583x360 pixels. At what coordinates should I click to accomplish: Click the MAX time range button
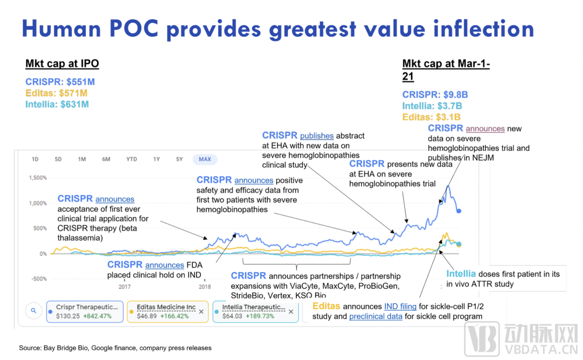point(205,159)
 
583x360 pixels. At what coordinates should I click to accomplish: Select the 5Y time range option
point(179,159)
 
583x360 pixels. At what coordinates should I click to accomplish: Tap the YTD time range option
point(131,159)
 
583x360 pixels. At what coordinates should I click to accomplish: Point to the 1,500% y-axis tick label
point(37,178)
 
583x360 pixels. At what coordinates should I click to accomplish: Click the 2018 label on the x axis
point(205,287)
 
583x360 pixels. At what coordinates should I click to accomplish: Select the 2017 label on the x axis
point(125,287)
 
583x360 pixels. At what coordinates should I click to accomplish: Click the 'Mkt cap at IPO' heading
point(62,64)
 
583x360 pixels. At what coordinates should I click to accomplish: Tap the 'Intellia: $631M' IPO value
point(57,104)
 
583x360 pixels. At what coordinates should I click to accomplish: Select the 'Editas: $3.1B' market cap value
point(432,117)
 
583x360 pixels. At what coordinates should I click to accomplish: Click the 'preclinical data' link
point(375,316)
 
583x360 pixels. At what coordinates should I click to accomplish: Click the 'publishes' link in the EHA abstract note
point(317,135)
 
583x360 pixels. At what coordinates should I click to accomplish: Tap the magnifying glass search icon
point(33,311)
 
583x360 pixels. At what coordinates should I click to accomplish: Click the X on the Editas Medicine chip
point(201,311)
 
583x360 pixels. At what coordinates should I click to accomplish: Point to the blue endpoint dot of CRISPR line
point(459,211)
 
